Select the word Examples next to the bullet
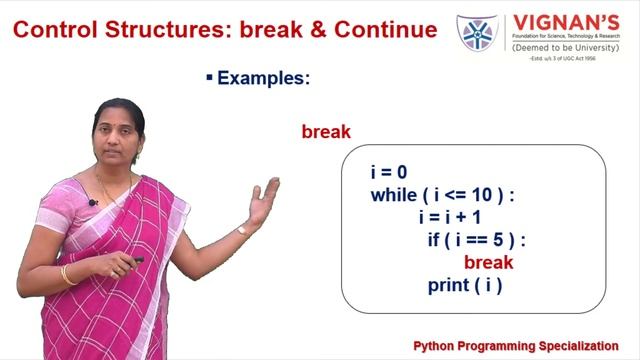pyautogui.click(x=260, y=77)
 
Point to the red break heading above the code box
pyautogui.click(x=326, y=132)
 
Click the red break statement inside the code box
pyautogui.click(x=488, y=262)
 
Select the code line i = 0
pyautogui.click(x=388, y=173)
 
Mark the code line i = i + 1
pyautogui.click(x=451, y=217)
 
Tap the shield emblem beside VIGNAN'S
pyautogui.click(x=477, y=32)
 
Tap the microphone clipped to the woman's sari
pyautogui.click(x=92, y=202)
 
